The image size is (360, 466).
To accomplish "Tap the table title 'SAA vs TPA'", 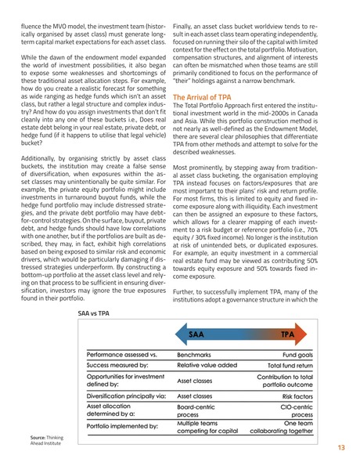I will pyautogui.click(x=95, y=313).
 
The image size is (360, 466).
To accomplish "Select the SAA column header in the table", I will pyautogui.click(x=196, y=334).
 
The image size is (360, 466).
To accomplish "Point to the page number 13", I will pyautogui.click(x=341, y=448).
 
